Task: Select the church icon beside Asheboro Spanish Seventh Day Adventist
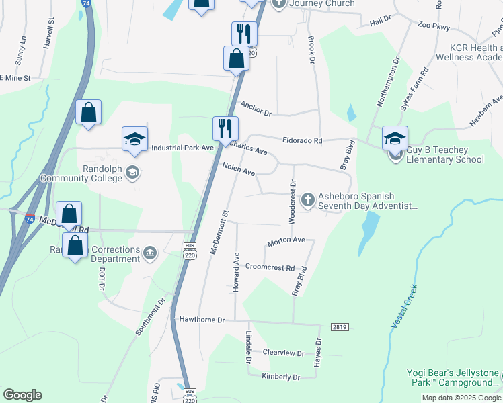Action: pos(308,198)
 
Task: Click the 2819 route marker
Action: pos(340,326)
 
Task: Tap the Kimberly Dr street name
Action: pos(280,377)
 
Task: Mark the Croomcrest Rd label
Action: pos(270,267)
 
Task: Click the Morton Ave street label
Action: pos(286,240)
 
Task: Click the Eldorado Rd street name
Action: pos(303,141)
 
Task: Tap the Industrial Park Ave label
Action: pos(182,148)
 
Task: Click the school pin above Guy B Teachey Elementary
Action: pos(395,138)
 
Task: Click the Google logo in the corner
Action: pos(22,394)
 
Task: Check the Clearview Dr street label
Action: pos(283,353)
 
